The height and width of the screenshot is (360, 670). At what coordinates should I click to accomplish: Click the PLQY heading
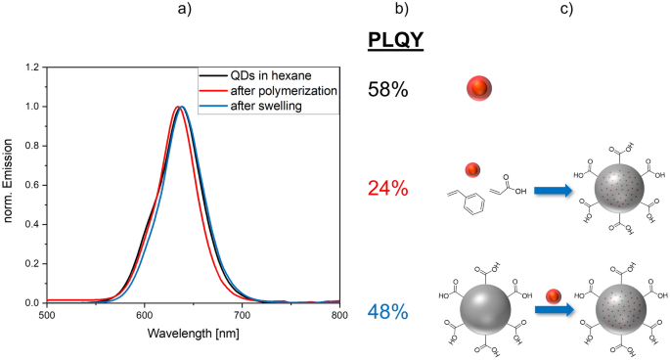pyautogui.click(x=395, y=43)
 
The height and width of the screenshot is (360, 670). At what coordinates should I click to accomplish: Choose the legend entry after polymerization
pyautogui.click(x=284, y=90)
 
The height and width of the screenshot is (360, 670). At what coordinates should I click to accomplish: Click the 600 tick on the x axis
pyautogui.click(x=144, y=316)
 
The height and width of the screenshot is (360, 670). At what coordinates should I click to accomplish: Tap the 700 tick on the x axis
pyautogui.click(x=242, y=316)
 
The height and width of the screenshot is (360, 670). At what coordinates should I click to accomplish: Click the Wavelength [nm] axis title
pyautogui.click(x=193, y=335)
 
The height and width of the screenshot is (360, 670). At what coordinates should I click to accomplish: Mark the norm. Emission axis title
pyautogui.click(x=9, y=184)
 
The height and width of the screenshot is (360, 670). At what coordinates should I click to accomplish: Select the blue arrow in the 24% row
pyautogui.click(x=553, y=192)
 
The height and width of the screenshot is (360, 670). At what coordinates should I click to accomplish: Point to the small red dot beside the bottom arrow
pyautogui.click(x=553, y=292)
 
